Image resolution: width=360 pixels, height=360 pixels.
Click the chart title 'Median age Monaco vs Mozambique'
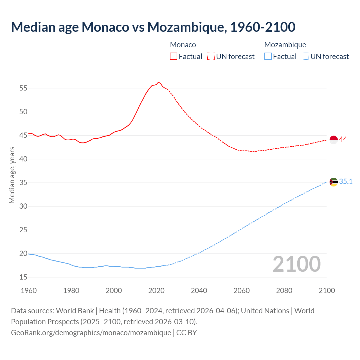153,27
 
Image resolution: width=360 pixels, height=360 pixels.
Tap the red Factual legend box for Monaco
174,56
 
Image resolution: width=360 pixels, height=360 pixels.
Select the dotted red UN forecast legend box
211,56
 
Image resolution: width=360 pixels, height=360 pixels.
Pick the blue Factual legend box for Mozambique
268,56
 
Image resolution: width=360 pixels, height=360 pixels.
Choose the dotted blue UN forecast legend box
305,56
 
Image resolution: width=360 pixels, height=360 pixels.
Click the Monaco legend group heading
183,45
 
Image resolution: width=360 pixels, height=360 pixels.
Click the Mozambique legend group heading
285,45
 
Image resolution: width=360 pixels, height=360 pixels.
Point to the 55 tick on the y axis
23,88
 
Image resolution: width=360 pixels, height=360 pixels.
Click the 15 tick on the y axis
23,277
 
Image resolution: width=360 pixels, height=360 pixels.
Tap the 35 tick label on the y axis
23,183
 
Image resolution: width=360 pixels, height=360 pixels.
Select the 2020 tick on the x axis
156,290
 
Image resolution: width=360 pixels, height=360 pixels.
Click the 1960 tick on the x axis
29,290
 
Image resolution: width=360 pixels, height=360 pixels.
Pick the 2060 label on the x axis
242,290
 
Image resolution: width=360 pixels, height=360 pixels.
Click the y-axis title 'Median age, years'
12,175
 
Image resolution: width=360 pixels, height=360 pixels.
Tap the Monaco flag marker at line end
334,140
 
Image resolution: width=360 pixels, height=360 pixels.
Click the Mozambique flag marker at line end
334,182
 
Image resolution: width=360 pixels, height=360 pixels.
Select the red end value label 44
343,139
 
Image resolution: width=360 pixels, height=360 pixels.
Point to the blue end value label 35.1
346,181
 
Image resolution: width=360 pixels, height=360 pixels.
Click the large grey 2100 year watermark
296,264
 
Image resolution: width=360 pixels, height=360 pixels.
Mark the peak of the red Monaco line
158,82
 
